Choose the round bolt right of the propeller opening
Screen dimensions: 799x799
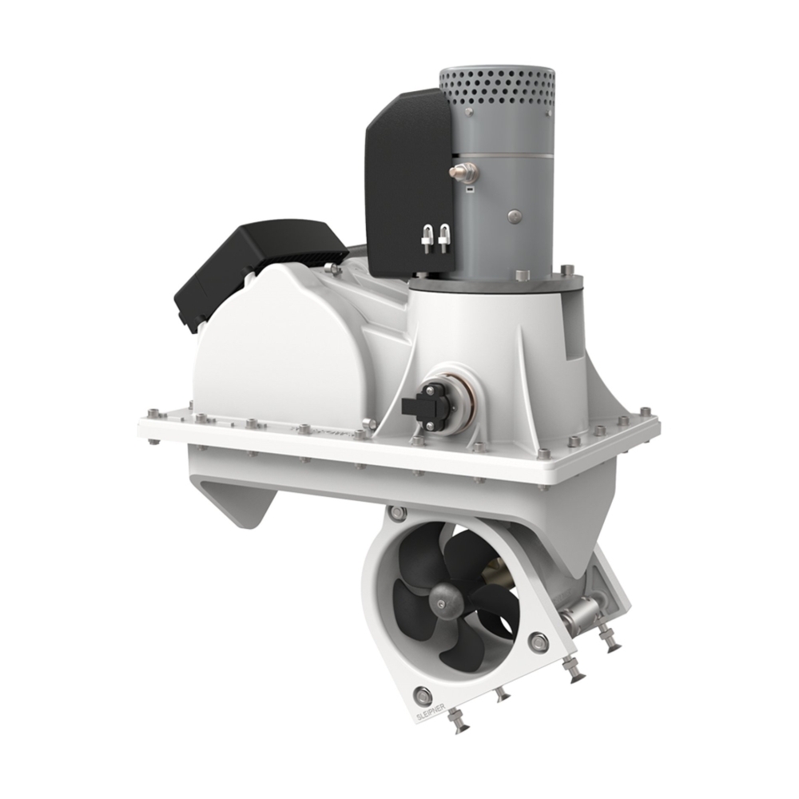[x=539, y=640]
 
